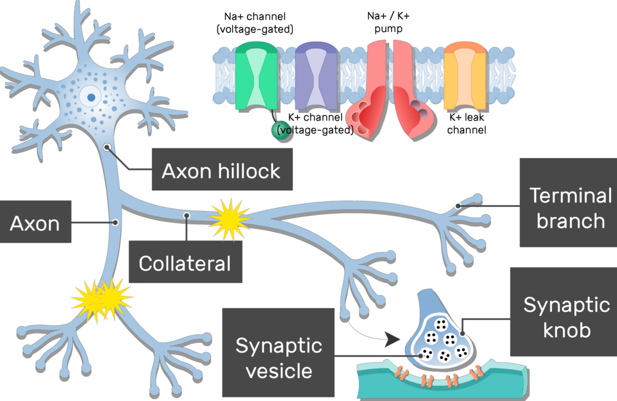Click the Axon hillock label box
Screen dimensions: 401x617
(221, 171)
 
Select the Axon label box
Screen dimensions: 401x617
(35, 223)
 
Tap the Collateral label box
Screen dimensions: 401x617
(185, 263)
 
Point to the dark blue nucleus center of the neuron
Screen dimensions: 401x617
(90, 96)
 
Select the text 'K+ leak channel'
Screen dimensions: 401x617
(467, 124)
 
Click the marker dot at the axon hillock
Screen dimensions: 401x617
(107, 147)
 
